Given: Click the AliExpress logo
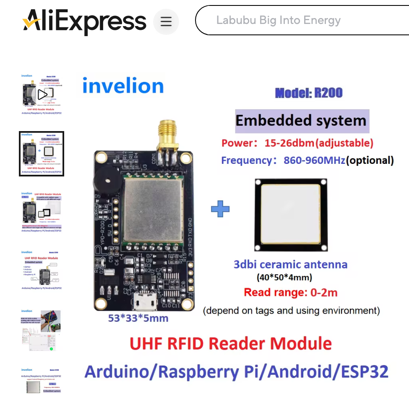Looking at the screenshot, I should point(84,21).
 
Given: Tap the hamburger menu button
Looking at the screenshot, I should point(166,21).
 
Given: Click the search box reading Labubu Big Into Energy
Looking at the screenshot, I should point(294,20).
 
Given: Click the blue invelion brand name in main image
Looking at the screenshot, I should point(123,86).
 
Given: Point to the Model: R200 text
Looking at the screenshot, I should point(309,93).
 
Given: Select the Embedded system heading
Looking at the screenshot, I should point(301,121).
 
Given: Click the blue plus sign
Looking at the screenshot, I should point(220,209).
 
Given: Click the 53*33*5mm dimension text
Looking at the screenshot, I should point(138,318).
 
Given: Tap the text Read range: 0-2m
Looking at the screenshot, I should point(291,292).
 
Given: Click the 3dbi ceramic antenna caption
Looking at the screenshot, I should point(290,264).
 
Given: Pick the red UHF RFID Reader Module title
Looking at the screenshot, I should point(231,344).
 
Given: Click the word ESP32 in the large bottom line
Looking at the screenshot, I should point(362,371).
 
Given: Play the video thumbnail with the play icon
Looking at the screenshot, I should point(42,95).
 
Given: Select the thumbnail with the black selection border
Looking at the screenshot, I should point(42,154).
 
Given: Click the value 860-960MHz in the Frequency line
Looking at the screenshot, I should point(314,160).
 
